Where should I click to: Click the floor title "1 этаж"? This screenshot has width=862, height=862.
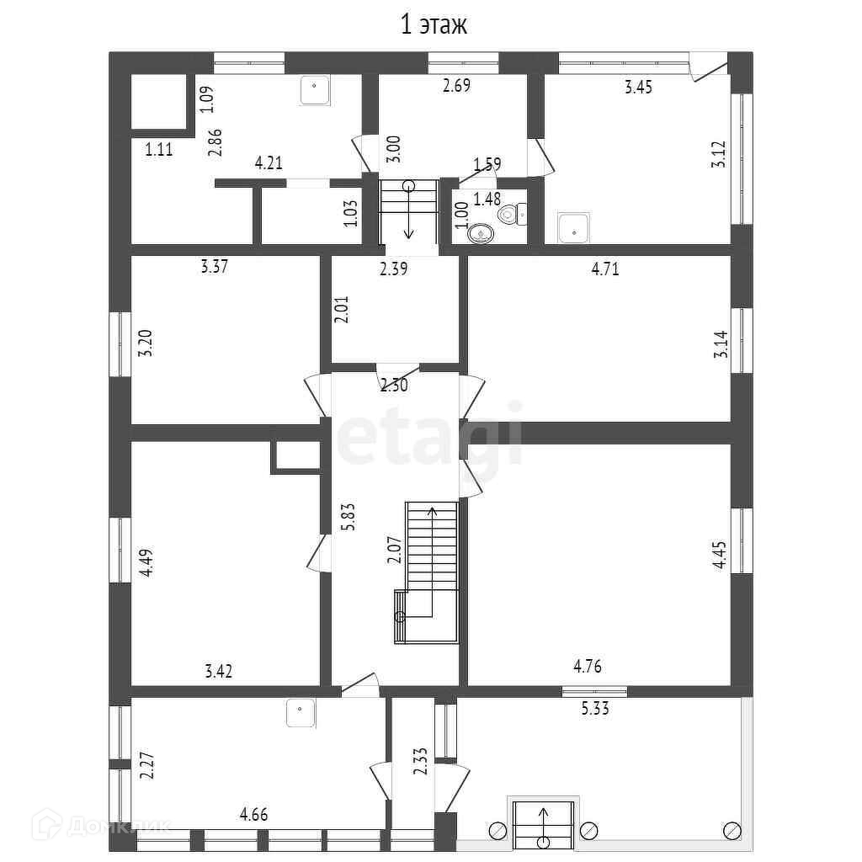pyautogui.click(x=433, y=25)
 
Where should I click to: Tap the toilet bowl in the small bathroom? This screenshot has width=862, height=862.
pyautogui.click(x=510, y=215)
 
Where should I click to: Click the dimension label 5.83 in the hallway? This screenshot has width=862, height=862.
pyautogui.click(x=349, y=515)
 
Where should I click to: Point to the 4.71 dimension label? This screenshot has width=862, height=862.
pyautogui.click(x=606, y=269)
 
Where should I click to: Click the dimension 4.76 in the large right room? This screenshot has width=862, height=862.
pyautogui.click(x=588, y=668)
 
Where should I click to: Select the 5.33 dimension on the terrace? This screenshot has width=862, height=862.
pyautogui.click(x=595, y=709)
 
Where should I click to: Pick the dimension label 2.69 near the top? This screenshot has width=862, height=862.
pyautogui.click(x=457, y=86)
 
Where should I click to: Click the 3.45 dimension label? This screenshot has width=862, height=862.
pyautogui.click(x=639, y=87)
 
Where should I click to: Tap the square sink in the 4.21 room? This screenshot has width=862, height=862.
pyautogui.click(x=316, y=91)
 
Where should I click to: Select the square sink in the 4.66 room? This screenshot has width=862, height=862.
pyautogui.click(x=301, y=712)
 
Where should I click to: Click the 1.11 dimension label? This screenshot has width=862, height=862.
pyautogui.click(x=159, y=150)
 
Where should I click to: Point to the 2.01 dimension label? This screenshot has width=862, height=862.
pyautogui.click(x=341, y=309)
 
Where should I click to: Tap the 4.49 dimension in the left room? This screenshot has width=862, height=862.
pyautogui.click(x=146, y=561)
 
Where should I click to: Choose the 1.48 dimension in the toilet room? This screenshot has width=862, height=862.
pyautogui.click(x=487, y=200)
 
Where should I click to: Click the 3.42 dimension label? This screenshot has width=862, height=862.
pyautogui.click(x=219, y=672)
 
